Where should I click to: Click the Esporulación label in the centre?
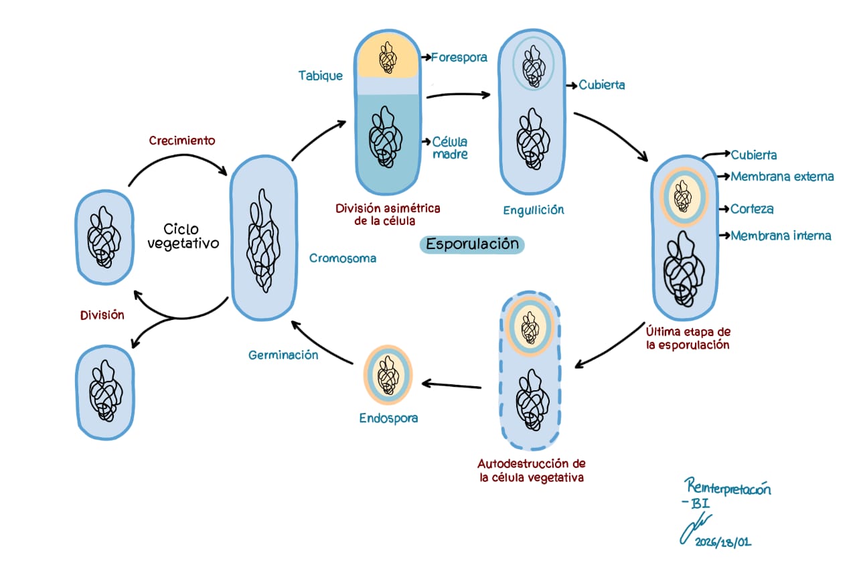472,244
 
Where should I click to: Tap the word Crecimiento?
182,141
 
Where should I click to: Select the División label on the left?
102,315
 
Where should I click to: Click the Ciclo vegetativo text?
183,236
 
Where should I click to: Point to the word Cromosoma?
343,258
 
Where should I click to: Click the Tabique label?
321,76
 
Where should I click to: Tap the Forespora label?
459,57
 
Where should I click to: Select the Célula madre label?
449,148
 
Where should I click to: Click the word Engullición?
534,210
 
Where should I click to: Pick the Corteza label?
752,209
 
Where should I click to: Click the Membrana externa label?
782,177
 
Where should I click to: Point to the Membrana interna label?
781,236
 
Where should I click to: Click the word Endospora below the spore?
388,418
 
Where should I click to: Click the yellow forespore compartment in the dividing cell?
388,59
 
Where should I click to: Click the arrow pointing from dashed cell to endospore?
452,386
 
